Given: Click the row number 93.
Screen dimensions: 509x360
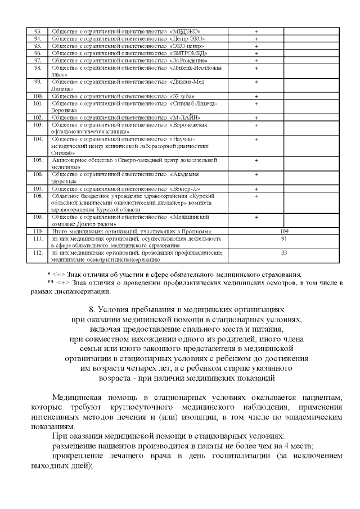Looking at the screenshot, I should point(38,31).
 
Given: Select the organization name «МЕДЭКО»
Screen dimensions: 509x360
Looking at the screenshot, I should point(185,31).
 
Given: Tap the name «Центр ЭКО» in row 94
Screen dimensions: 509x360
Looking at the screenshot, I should point(186,38).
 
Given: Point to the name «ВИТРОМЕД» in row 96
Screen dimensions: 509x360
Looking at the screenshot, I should point(186,53).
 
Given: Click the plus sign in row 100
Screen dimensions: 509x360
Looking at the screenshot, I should point(256,97).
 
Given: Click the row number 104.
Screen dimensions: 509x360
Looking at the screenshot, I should point(38,138).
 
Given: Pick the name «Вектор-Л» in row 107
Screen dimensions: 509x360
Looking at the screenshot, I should point(184,188).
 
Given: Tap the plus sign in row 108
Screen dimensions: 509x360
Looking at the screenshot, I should point(256,196).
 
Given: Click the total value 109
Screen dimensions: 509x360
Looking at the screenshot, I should point(284,231).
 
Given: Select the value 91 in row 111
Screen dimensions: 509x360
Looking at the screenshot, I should point(284,238).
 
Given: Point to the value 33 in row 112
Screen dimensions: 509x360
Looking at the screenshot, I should point(284,253).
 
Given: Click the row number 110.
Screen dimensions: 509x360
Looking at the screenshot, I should point(38,231).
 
